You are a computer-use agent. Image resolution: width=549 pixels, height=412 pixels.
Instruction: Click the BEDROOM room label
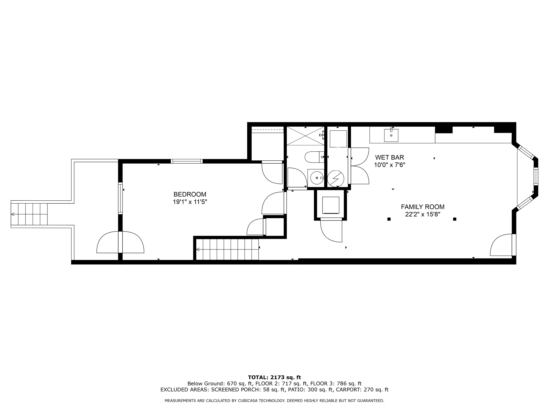[190, 194]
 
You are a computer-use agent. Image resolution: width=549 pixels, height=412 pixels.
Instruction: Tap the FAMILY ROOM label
[422, 207]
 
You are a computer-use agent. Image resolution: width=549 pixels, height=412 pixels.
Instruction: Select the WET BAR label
[389, 157]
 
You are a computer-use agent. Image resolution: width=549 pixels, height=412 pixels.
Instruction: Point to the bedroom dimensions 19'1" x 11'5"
[190, 202]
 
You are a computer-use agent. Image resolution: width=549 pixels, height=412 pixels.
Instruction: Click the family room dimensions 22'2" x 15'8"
[422, 214]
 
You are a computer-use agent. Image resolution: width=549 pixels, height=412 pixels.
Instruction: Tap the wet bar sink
[391, 135]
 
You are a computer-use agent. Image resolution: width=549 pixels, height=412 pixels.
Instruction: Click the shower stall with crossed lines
[305, 136]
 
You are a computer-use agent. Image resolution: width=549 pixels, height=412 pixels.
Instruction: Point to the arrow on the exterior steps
[13, 214]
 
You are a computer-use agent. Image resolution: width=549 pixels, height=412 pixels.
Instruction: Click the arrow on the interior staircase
[198, 249]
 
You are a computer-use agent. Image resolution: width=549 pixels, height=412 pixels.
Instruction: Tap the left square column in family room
[389, 219]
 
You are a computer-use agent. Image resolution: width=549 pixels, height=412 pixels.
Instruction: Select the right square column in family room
[455, 219]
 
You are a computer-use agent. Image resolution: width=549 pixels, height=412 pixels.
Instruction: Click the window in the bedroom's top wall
[187, 161]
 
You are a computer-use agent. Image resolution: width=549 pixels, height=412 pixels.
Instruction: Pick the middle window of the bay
[536, 176]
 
